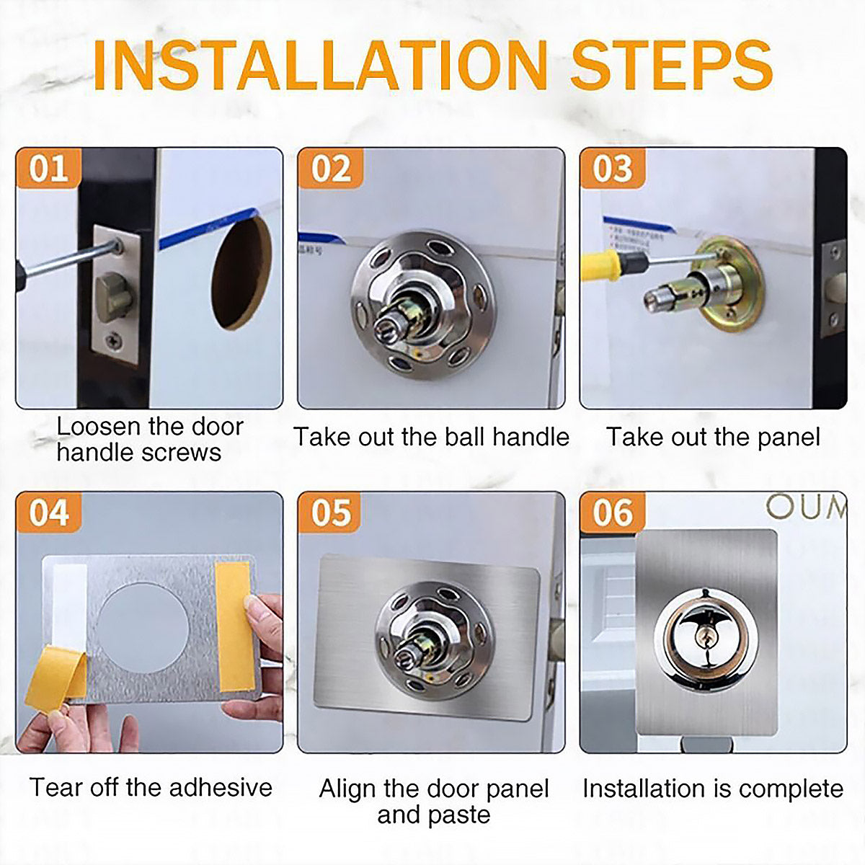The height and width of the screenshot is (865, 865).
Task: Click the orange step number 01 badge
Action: click(x=48, y=169)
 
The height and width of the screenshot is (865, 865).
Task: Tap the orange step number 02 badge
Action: click(x=330, y=169)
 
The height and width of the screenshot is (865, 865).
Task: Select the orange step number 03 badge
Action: click(x=612, y=169)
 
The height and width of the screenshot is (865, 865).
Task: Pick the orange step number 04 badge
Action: click(x=48, y=513)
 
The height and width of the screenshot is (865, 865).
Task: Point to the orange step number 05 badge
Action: click(x=330, y=513)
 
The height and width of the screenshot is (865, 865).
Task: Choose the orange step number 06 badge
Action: click(x=612, y=513)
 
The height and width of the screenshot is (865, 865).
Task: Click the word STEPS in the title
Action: click(x=670, y=66)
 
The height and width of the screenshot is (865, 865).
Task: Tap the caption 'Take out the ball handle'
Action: click(x=431, y=437)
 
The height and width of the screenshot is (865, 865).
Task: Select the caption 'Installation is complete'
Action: click(x=712, y=789)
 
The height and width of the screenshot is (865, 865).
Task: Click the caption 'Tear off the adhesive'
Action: click(x=151, y=787)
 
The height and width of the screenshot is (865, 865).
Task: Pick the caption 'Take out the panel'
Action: click(x=712, y=437)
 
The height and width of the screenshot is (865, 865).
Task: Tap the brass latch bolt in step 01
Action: click(x=114, y=296)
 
